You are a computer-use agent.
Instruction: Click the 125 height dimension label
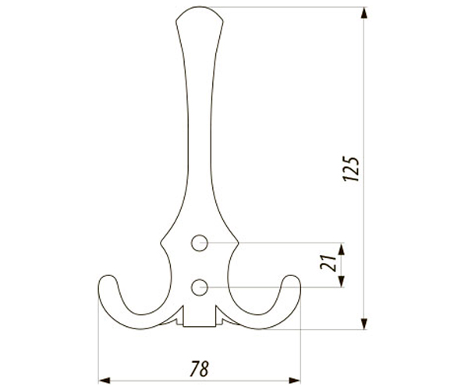point(351,168)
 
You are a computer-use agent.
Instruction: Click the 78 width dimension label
point(200,369)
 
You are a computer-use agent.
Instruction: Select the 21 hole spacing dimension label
point(328,263)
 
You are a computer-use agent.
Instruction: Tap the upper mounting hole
point(200,243)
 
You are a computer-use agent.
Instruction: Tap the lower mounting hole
point(200,287)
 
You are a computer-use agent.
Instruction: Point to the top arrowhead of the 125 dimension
point(363,13)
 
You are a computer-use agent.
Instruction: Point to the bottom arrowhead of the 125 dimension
point(363,324)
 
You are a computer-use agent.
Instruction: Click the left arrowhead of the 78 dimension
point(105,381)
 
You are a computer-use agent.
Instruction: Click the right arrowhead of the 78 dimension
point(295,381)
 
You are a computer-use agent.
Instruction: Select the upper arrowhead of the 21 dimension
point(342,249)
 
